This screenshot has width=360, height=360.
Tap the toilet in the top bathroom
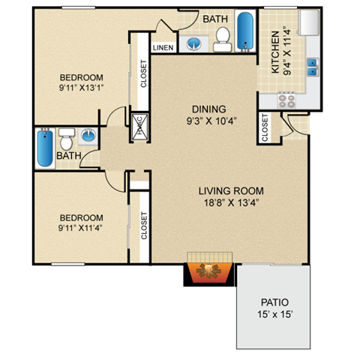pyautogui.click(x=222, y=37)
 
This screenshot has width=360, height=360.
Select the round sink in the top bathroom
pyautogui.click(x=194, y=42)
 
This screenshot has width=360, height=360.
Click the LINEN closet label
pyautogui.click(x=163, y=47)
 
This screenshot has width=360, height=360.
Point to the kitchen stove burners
pyautogui.click(x=288, y=100)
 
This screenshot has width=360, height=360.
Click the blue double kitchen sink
pyautogui.click(x=312, y=68)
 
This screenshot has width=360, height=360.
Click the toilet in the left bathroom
pyautogui.click(x=66, y=141)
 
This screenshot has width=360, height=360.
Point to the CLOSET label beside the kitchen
pyautogui.click(x=265, y=127)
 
